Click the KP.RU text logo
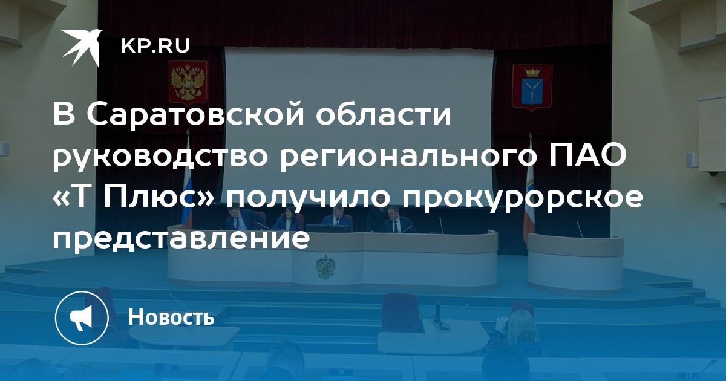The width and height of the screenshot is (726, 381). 155,46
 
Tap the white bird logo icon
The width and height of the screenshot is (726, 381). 82,47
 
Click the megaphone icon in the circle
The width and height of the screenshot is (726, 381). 81,317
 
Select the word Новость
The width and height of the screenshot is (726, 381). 171,316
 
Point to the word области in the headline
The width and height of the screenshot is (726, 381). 384,115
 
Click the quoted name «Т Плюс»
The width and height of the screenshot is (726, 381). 134,197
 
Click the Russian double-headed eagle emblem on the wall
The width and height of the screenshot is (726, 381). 188,81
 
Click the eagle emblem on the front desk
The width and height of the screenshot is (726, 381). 325,266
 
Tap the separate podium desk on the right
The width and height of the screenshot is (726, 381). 575,261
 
